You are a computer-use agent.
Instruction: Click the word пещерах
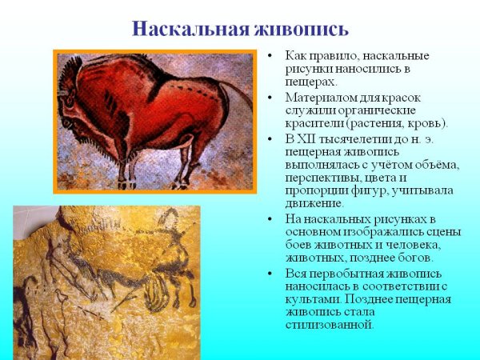pos(310,82)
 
